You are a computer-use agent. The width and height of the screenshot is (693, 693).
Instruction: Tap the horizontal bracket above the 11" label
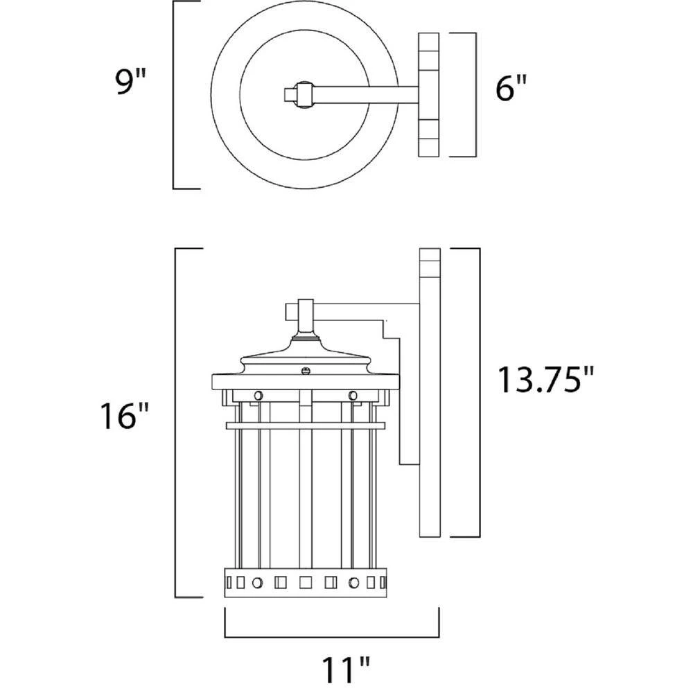click(332, 635)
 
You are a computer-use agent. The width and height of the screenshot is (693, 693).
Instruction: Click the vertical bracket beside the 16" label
click(175, 423)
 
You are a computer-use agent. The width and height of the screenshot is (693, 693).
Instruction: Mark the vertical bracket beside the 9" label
click(174, 95)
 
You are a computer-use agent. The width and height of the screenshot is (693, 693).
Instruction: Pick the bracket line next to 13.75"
click(479, 392)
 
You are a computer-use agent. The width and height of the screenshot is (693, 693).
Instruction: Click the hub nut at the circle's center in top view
click(301, 94)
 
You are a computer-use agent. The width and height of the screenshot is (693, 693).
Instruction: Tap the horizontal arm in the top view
click(364, 94)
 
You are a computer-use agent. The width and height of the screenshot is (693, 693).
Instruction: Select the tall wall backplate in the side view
click(430, 392)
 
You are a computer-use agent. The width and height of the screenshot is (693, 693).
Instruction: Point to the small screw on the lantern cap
click(305, 370)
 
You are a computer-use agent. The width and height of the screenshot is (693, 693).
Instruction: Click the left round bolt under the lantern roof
click(258, 395)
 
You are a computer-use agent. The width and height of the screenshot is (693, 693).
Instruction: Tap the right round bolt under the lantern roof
click(353, 395)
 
